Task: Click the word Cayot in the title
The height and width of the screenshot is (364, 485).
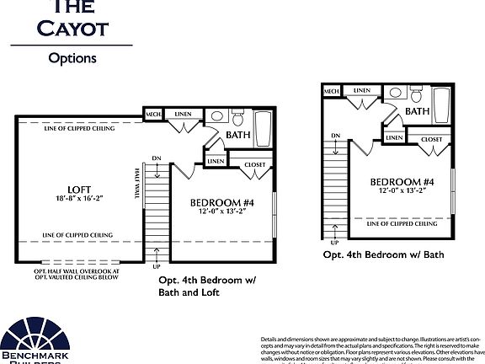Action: click(72, 27)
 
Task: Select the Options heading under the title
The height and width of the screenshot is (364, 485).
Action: click(72, 58)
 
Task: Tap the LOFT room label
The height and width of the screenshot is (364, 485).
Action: click(80, 189)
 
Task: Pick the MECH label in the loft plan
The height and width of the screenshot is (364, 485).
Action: click(154, 115)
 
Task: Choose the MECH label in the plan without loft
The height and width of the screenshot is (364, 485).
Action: click(332, 90)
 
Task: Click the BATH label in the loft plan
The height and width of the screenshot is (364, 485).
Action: click(238, 135)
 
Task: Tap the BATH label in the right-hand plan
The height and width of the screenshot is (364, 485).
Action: click(418, 110)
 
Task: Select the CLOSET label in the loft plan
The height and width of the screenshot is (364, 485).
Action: click(254, 165)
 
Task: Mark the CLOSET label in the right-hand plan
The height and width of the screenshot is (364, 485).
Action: click(432, 139)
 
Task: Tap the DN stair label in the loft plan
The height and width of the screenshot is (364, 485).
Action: click(156, 157)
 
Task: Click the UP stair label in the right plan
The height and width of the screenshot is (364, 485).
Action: click(335, 242)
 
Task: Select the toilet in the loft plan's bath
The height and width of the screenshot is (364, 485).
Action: click(216, 119)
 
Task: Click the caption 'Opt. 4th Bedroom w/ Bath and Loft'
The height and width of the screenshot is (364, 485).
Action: click(207, 286)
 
